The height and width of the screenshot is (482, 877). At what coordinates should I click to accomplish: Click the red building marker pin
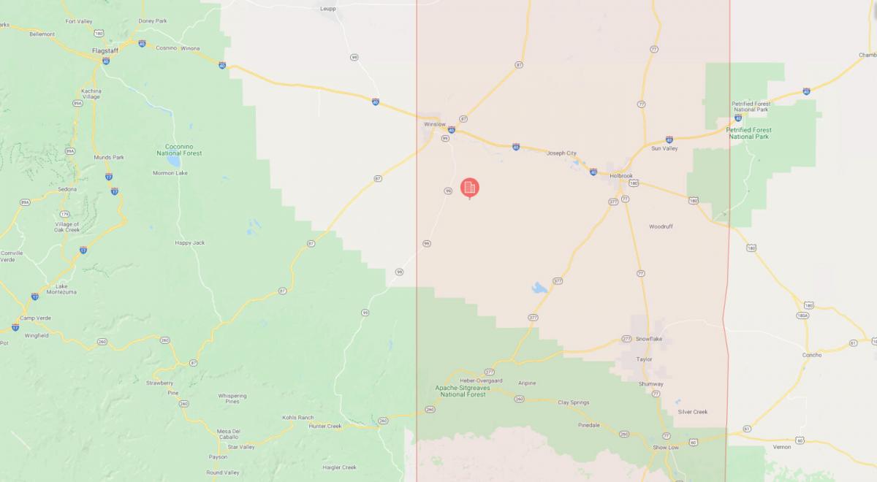(470, 188)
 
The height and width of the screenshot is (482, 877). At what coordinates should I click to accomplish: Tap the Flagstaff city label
(105, 50)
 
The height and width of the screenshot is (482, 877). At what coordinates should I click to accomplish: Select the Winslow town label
(434, 124)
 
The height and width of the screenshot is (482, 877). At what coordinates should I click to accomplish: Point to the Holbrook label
(620, 176)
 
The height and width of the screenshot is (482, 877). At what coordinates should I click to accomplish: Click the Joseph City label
(561, 153)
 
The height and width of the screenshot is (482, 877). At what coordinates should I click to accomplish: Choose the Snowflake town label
(648, 339)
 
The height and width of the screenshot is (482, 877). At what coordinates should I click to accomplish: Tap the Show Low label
(665, 447)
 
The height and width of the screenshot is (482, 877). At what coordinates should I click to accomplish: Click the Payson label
(218, 457)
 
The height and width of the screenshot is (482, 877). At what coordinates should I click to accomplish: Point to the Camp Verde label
(37, 318)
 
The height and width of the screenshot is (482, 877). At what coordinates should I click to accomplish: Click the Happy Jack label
(189, 242)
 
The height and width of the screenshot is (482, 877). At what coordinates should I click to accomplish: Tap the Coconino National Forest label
(178, 150)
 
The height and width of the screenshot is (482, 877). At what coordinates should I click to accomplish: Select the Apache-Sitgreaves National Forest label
(460, 391)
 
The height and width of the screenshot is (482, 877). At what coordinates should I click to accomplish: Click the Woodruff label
(661, 226)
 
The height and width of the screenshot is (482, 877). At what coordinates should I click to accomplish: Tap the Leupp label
(328, 9)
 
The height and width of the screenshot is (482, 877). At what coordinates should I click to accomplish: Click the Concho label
(811, 355)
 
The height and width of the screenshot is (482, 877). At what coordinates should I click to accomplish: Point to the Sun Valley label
(664, 148)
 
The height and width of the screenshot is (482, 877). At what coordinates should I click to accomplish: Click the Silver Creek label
(692, 412)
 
